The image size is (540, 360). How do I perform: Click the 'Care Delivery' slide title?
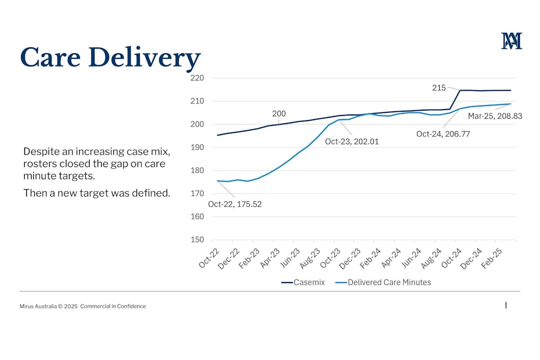(x=110, y=57)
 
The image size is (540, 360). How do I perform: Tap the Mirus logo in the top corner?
(x=512, y=41)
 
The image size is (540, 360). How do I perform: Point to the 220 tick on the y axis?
(x=198, y=78)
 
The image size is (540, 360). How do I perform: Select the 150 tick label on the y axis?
(x=198, y=240)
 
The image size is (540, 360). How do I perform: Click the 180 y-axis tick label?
(x=198, y=170)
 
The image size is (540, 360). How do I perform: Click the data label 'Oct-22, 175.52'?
(x=235, y=204)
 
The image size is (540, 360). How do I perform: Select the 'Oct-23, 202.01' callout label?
(x=352, y=141)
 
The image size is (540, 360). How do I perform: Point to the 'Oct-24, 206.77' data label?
(x=443, y=134)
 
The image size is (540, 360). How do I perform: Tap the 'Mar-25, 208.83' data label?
(x=495, y=116)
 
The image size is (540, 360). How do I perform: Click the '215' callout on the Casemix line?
(x=439, y=87)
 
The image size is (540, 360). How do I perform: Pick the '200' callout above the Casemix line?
(x=279, y=113)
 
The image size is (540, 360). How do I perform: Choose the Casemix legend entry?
(x=303, y=283)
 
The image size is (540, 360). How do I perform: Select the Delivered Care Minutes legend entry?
(x=383, y=283)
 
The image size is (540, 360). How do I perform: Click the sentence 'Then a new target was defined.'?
(x=97, y=193)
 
